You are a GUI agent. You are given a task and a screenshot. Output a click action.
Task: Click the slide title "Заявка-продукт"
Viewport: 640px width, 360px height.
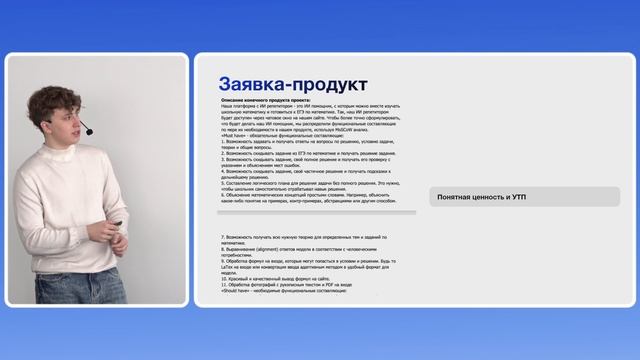293,83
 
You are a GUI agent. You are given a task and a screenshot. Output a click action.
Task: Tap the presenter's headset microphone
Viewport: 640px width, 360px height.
88,131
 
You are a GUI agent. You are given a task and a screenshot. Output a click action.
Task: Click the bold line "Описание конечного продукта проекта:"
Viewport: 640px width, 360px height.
266,101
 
